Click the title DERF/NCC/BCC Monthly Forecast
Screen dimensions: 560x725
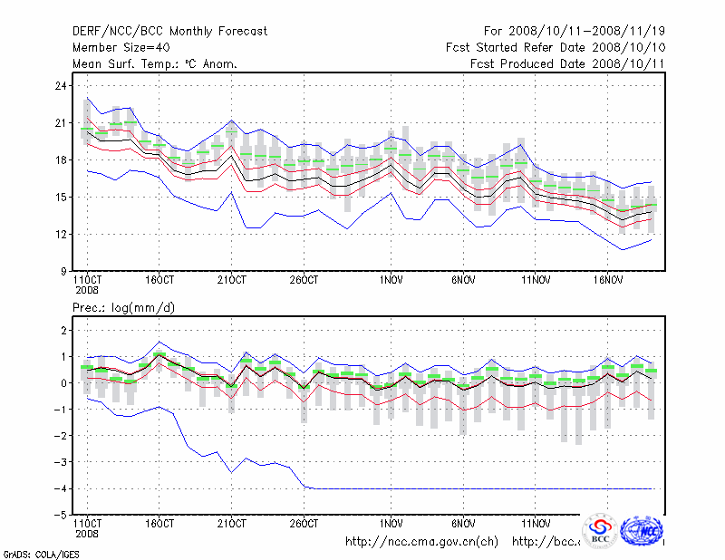(169, 32)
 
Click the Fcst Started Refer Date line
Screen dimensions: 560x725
(556, 47)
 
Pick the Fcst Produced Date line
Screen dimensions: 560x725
(567, 63)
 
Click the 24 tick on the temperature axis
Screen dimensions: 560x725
(61, 86)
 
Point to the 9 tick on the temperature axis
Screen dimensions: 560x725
(63, 271)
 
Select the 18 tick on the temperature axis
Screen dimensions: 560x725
(61, 160)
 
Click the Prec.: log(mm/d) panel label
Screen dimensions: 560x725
(124, 308)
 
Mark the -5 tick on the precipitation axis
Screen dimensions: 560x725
(61, 515)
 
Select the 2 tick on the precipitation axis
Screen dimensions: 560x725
(63, 331)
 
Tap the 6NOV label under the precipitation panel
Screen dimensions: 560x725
(464, 524)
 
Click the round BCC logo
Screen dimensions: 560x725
(599, 530)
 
